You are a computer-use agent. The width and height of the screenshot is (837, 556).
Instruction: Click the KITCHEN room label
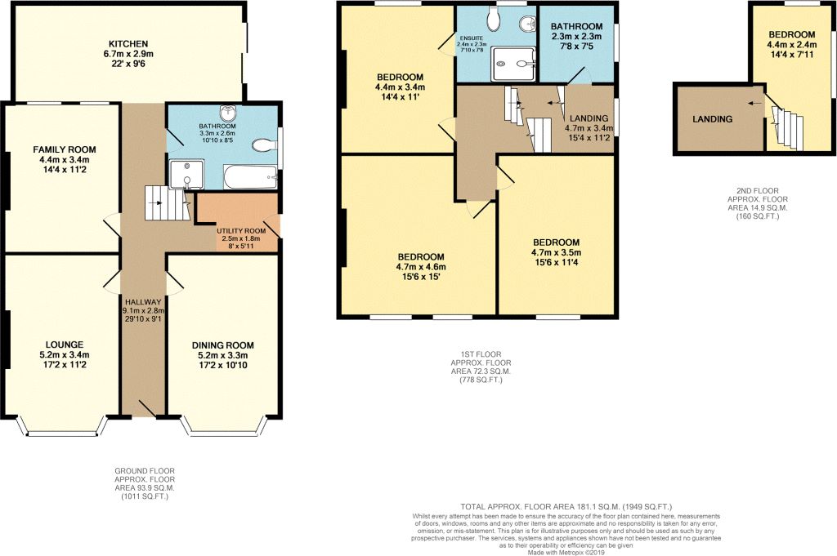click(128, 44)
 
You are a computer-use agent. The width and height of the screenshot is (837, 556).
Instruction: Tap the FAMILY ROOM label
click(65, 149)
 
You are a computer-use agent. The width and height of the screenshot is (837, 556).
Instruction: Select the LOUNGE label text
click(64, 345)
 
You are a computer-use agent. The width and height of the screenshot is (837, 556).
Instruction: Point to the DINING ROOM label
click(222, 345)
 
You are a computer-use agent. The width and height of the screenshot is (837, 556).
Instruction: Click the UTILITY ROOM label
click(241, 231)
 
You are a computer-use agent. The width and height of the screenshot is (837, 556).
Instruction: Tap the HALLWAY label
click(143, 302)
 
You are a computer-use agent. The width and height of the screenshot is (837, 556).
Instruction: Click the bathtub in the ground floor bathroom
click(250, 177)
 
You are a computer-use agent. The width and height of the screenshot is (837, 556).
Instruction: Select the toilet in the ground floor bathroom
click(264, 145)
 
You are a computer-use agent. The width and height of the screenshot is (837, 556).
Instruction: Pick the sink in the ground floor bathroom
click(229, 113)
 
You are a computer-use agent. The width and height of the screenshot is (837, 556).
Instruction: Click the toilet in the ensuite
click(495, 20)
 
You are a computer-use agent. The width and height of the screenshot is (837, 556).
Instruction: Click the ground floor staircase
click(168, 203)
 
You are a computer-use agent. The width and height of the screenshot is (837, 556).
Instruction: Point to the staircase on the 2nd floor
click(786, 127)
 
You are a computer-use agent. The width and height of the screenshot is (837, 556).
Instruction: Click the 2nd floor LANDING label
click(712, 119)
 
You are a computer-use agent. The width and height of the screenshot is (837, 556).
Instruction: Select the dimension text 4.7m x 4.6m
click(421, 267)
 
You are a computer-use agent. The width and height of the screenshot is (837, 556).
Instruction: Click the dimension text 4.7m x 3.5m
click(556, 252)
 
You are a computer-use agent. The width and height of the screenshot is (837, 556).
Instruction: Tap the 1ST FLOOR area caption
click(481, 367)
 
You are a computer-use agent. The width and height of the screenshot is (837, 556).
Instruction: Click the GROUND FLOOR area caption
click(145, 483)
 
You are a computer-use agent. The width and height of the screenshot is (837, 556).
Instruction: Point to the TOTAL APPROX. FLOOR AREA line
click(566, 506)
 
